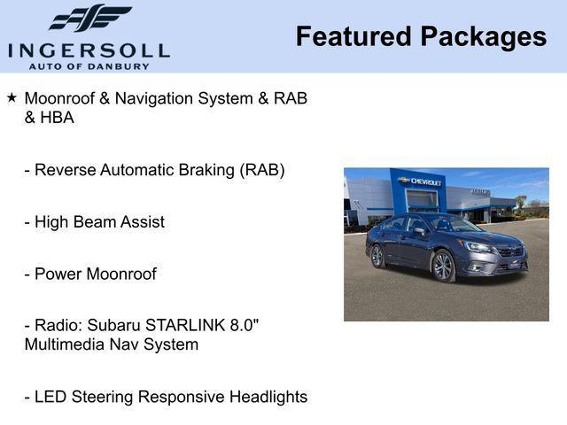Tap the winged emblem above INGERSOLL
[x=89, y=19]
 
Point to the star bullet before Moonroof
[x=12, y=97]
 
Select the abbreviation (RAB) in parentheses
[x=262, y=170]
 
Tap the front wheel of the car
[x=443, y=266]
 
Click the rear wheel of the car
[x=377, y=256]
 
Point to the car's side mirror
[x=419, y=232]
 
